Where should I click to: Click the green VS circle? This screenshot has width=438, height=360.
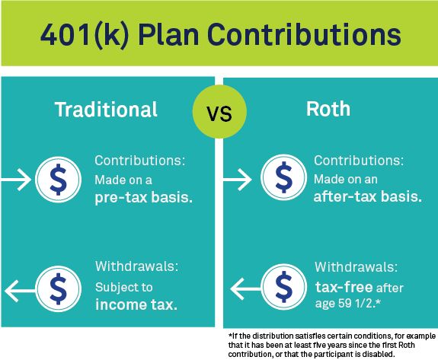tap(219, 111)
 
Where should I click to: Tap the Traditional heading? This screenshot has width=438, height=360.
tap(106, 109)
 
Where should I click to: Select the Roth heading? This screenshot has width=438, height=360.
tap(328, 109)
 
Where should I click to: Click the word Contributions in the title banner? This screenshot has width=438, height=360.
tap(304, 34)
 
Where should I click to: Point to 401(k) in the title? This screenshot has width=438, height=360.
tap(85, 36)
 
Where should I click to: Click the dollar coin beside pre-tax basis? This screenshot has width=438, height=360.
tap(58, 180)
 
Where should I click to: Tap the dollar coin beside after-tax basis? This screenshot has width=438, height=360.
tap(283, 177)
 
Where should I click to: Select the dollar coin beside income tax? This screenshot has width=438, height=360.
tap(58, 288)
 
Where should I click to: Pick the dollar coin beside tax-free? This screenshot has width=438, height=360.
tap(283, 287)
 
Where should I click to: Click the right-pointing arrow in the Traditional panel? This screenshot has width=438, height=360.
tap(16, 180)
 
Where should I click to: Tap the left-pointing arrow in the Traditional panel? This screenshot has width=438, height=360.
tap(20, 291)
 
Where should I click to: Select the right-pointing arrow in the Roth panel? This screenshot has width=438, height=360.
tap(238, 180)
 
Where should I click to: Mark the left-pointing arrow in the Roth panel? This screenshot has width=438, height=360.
tap(246, 289)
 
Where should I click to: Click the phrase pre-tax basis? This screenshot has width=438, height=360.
tap(143, 198)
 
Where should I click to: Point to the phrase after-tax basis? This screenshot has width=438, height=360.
tap(368, 196)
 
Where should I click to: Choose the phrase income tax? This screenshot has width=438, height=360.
tap(136, 304)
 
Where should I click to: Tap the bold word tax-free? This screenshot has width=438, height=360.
tap(344, 287)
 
